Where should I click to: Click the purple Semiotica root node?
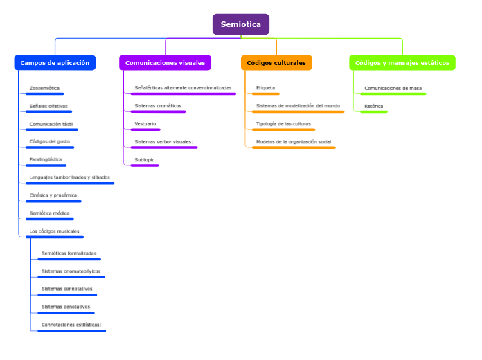point(240,24)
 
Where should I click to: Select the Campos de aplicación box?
point(55,63)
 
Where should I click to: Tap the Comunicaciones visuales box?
point(165,63)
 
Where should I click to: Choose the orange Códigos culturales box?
point(276,63)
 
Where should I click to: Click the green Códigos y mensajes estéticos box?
point(402,63)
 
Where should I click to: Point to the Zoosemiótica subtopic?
point(44,89)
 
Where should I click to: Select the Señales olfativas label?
point(48,107)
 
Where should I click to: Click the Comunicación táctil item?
point(51,124)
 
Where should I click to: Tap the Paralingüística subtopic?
point(46,159)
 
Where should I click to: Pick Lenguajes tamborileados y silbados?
point(69,177)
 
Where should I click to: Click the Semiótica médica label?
point(49,213)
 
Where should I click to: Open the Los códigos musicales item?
point(54,231)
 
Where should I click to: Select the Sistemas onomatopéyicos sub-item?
point(71,271)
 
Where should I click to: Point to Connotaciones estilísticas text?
point(71,325)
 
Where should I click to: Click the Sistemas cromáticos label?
point(158,106)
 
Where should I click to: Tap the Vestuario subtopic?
point(145,124)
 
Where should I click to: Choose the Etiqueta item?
point(265,88)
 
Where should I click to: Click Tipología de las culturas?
point(283,124)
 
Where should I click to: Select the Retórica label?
point(373,106)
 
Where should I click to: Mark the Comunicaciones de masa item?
point(393,88)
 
